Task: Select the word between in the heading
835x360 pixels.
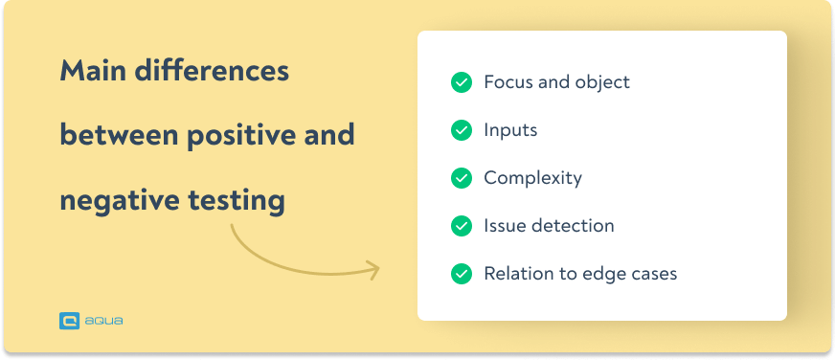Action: (x=117, y=135)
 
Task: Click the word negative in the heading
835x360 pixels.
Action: (x=113, y=200)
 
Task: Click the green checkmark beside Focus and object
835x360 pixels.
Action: (x=462, y=82)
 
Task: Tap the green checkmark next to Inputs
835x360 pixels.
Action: (x=462, y=130)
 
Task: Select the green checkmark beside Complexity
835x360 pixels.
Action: (x=462, y=178)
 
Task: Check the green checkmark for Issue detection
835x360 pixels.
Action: (x=462, y=226)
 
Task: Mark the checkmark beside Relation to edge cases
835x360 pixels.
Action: (x=462, y=274)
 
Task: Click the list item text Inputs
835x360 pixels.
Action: (x=510, y=130)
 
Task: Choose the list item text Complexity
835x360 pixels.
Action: (x=532, y=178)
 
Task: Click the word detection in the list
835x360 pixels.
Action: (x=572, y=226)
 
